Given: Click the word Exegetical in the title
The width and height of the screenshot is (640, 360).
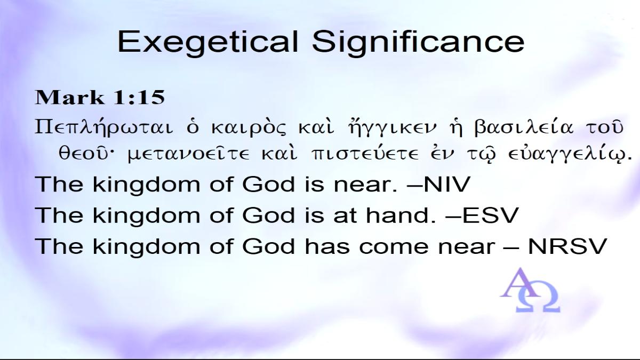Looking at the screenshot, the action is point(207,43).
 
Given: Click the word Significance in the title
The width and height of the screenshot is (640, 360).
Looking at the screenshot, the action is point(418,42).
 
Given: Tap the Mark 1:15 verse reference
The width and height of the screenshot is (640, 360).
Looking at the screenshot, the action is point(100,97).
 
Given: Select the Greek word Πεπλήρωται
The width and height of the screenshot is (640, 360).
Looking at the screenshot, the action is point(103,127).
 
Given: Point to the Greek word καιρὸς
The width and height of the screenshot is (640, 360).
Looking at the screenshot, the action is point(249,127).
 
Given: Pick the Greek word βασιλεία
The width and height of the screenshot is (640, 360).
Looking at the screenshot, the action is point(523,127).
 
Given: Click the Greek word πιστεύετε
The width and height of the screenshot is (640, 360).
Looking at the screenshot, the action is point(365,154).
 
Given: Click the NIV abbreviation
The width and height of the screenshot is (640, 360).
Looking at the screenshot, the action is point(447,184).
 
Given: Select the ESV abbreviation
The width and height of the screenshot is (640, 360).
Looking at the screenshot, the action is point(490,215).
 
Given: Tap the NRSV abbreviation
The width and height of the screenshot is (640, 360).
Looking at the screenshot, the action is point(567,246).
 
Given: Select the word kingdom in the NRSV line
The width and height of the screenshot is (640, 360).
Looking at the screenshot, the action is point(146,247).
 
